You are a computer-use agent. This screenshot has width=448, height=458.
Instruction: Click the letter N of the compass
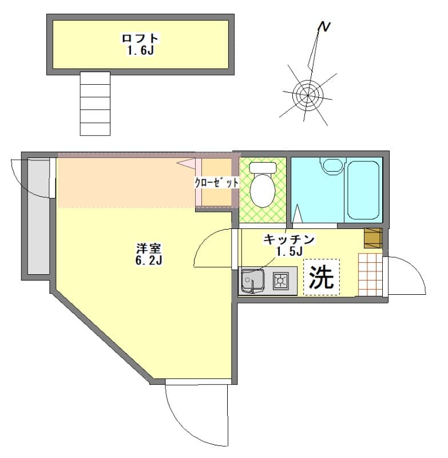click(x=325, y=27)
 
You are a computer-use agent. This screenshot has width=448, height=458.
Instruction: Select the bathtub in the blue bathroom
click(x=363, y=189)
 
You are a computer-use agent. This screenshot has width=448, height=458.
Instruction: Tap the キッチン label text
click(x=289, y=239)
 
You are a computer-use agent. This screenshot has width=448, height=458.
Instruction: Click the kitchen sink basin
click(x=252, y=281)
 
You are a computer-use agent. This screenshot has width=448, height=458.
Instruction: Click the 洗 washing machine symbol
click(x=321, y=278)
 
